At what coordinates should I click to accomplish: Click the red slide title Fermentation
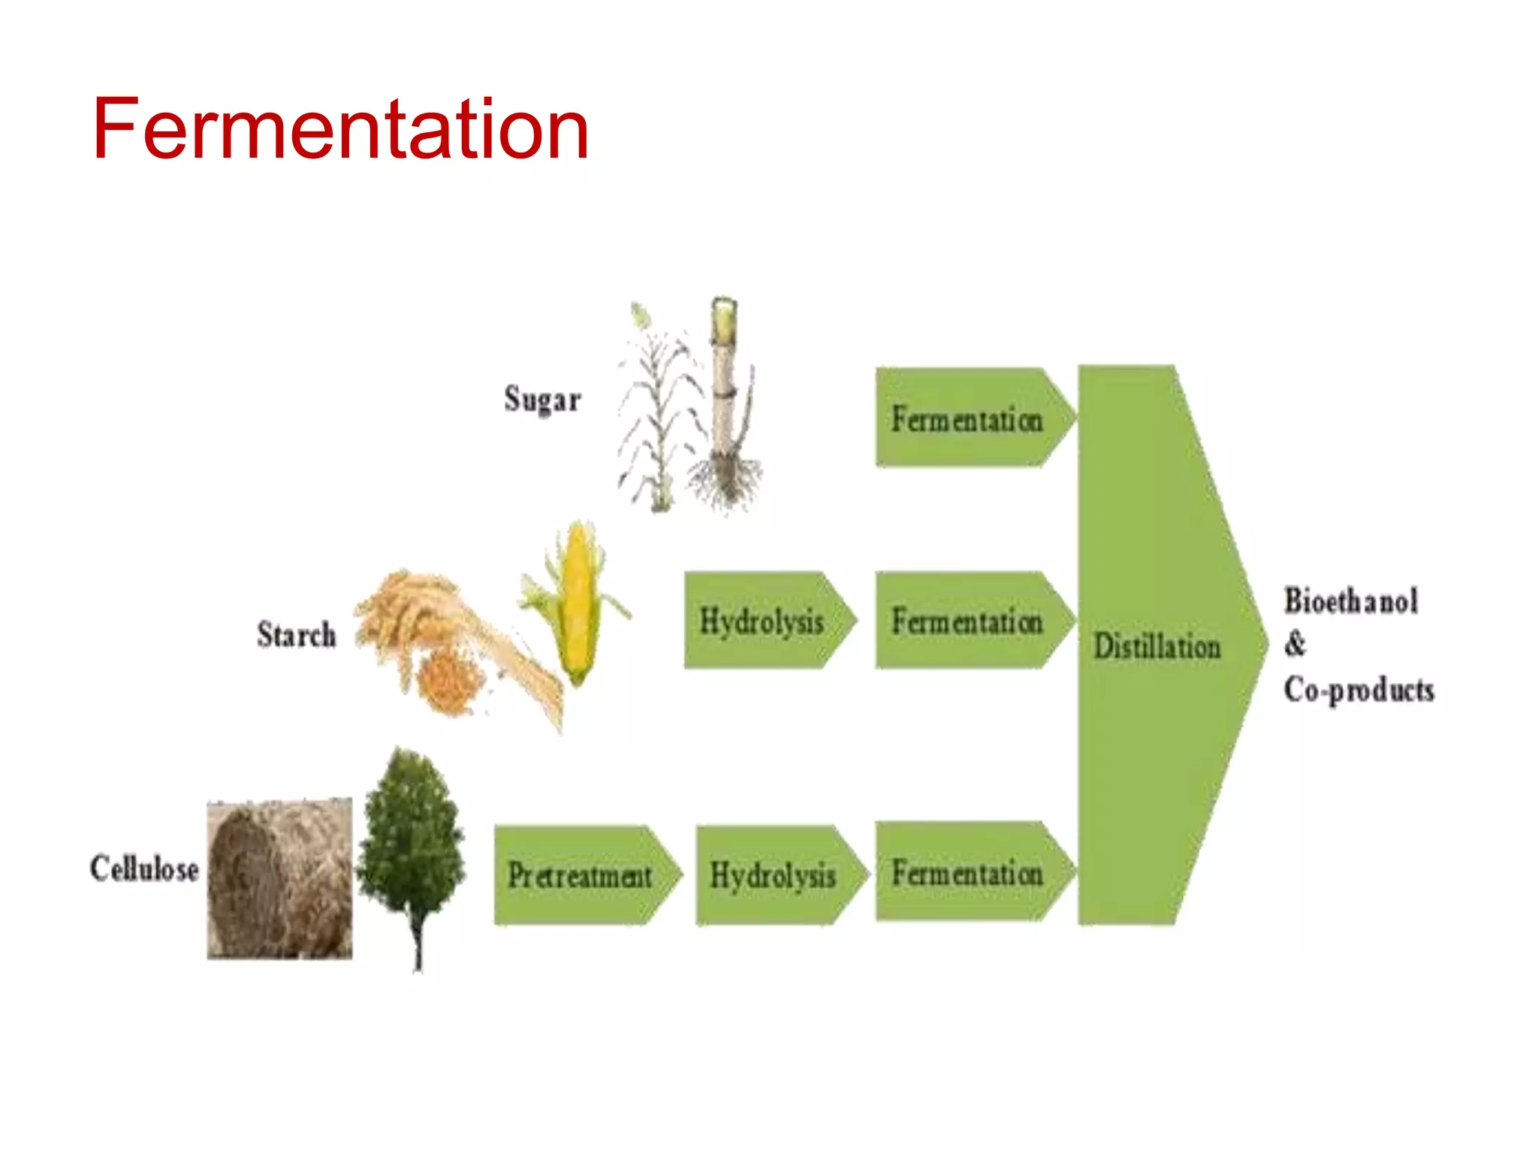[x=340, y=129]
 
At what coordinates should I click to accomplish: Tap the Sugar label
[x=542, y=399]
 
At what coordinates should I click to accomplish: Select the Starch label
[x=297, y=635]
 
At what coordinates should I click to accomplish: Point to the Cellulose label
[x=144, y=869]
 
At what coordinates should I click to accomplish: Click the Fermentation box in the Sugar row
[x=967, y=418]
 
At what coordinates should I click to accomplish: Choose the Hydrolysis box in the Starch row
[x=761, y=621]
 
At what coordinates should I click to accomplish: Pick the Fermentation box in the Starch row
[x=967, y=621]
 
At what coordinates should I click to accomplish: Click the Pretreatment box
[x=580, y=875]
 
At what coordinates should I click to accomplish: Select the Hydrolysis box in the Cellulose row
[x=773, y=875]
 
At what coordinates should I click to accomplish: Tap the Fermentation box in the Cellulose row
[x=967, y=873]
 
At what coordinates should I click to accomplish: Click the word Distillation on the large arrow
[x=1157, y=647]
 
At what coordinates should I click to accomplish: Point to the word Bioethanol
[x=1351, y=601]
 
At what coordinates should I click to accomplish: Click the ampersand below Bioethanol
[x=1295, y=645]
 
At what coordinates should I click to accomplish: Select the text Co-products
[x=1359, y=690]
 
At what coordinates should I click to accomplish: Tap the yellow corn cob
[x=577, y=601]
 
